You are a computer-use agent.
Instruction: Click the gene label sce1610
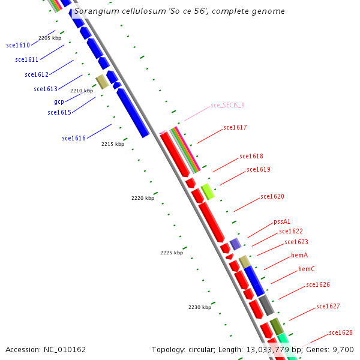(17, 45)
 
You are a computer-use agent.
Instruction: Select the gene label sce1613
(46, 89)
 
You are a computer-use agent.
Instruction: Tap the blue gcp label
(59, 101)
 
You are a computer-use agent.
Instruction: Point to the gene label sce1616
(74, 139)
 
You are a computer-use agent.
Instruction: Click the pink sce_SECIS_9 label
(227, 105)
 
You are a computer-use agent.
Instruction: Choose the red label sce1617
(235, 127)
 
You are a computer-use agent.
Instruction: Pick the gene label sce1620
(272, 196)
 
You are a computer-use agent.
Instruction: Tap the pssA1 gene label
(282, 221)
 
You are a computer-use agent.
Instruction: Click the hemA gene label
(299, 255)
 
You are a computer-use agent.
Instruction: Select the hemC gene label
(307, 269)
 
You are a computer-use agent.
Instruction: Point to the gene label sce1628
(341, 332)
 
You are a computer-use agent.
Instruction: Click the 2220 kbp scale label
(143, 198)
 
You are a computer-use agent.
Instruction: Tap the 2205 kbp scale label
(50, 38)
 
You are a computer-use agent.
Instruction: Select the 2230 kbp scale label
(200, 307)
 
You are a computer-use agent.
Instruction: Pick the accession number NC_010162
(65, 349)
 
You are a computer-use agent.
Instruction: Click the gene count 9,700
(343, 349)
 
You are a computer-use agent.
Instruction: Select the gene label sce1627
(328, 306)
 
